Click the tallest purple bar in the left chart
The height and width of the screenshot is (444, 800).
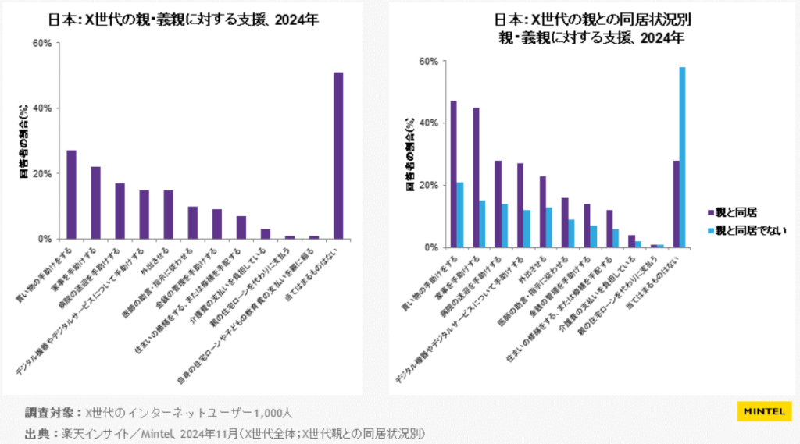[338, 155]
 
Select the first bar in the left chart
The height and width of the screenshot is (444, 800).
[71, 194]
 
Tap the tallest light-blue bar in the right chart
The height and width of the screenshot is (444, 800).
[682, 157]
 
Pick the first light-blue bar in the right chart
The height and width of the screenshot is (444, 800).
[460, 215]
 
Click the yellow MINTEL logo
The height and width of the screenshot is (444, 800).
[764, 411]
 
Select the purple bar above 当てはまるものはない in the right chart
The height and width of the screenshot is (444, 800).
[676, 204]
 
